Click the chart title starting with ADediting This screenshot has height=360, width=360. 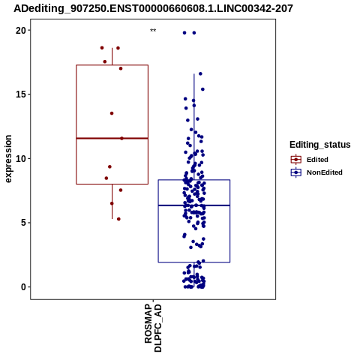click(x=153, y=8)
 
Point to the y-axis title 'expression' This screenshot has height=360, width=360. click(x=8, y=159)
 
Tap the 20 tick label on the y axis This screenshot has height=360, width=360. click(x=21, y=31)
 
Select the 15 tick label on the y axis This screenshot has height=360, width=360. click(x=21, y=94)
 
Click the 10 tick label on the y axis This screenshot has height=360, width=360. click(x=21, y=159)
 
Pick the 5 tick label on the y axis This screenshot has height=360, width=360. click(x=24, y=223)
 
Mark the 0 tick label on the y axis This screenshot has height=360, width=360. click(x=24, y=287)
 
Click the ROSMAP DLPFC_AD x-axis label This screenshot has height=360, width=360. click(x=153, y=328)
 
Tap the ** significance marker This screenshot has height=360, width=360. click(x=153, y=31)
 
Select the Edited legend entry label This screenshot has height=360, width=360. click(x=317, y=160)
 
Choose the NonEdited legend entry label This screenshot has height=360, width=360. click(x=325, y=172)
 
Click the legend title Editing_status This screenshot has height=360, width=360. click(x=320, y=145)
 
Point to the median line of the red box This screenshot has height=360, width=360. click(x=112, y=138)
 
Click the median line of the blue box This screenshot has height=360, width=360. click(x=194, y=205)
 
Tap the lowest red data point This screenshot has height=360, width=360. click(x=118, y=219)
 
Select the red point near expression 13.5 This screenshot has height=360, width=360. click(x=112, y=113)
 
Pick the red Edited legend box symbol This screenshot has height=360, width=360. click(x=296, y=160)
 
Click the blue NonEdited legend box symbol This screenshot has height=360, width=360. click(x=296, y=172)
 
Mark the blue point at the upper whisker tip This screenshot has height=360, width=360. click(x=200, y=73)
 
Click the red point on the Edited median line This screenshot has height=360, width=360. click(x=121, y=138)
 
